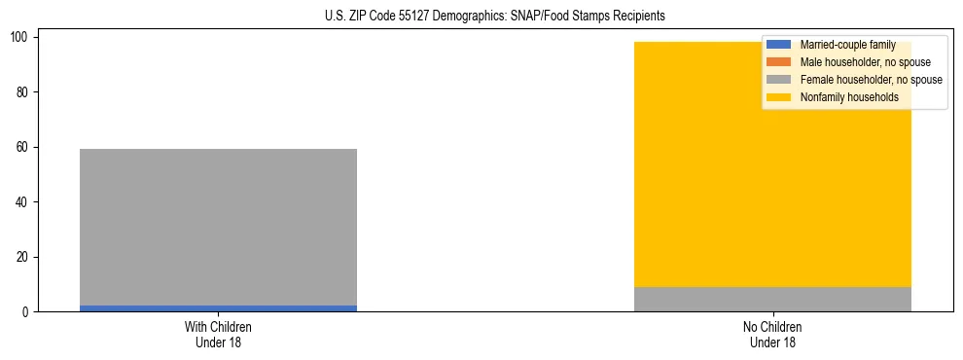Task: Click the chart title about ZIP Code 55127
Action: click(495, 17)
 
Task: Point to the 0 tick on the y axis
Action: click(28, 312)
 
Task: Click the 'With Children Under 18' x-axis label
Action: click(218, 334)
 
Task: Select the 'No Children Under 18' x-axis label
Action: click(772, 334)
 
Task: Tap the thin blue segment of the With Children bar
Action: click(218, 308)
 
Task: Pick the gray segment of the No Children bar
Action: click(772, 300)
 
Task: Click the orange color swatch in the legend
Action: click(779, 62)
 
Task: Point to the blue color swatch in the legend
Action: click(779, 45)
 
